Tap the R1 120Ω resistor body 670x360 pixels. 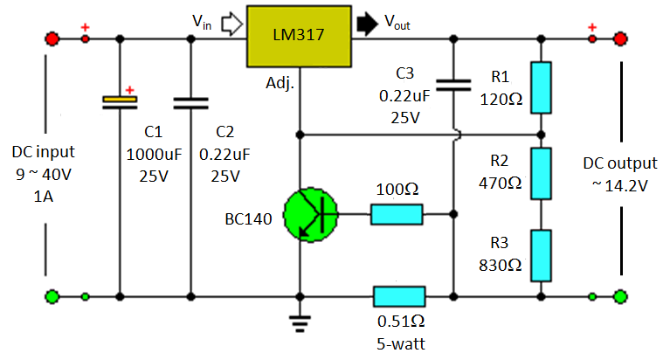(x=541, y=87)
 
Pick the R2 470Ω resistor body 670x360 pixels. (x=541, y=173)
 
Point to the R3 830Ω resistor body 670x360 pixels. (x=541, y=254)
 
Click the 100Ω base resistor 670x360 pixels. (x=397, y=214)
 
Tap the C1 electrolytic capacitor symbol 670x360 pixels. (x=120, y=102)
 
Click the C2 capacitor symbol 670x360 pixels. (x=190, y=102)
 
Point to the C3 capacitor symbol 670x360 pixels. (x=452, y=85)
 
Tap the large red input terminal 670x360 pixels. (x=52, y=39)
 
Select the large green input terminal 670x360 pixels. (x=52, y=296)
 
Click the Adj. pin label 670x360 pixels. (x=280, y=84)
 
